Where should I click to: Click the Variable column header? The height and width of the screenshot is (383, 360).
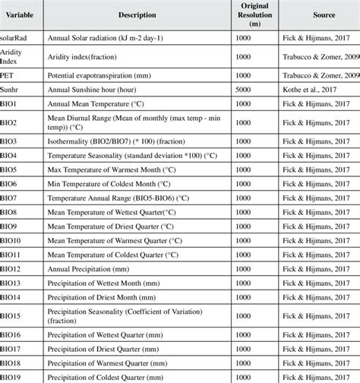tap(20, 14)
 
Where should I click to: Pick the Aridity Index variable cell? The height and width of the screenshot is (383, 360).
tap(15, 56)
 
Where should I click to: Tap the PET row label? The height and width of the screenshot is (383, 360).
tap(10, 75)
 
